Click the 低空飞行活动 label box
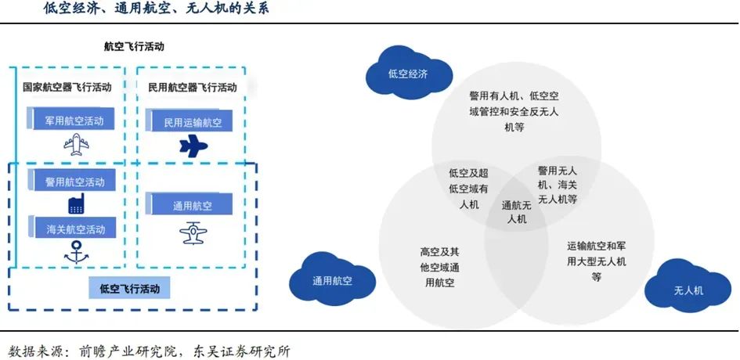click(130, 288)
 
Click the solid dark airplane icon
click(193, 146)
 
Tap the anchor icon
click(75, 251)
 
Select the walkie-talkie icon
click(76, 203)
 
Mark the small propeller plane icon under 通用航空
click(193, 232)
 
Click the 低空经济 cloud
click(409, 73)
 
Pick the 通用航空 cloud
click(332, 280)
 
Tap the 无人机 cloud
click(688, 289)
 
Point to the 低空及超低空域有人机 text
click(468, 189)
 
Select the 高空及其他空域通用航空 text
click(439, 268)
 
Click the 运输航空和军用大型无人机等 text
click(597, 261)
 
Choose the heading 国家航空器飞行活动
click(67, 88)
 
